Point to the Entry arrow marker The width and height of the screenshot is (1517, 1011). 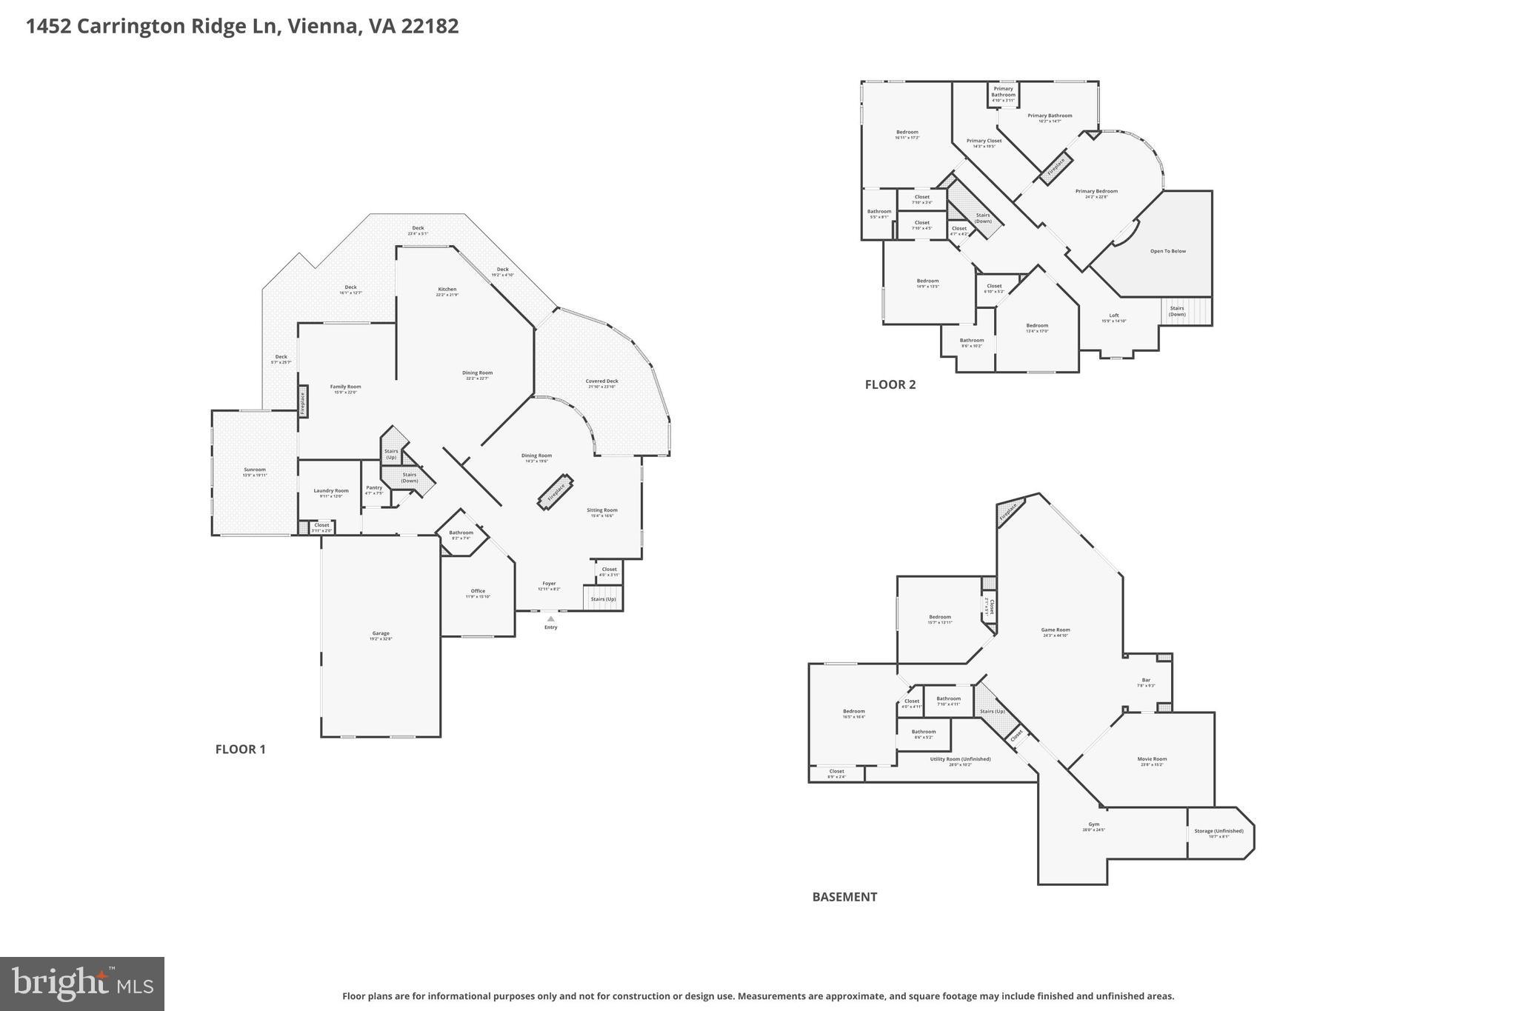coord(550,619)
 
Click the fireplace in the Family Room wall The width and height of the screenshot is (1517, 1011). coord(303,401)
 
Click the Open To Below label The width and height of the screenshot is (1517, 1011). coord(1167,251)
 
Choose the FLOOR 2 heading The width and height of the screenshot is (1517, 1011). coord(890,384)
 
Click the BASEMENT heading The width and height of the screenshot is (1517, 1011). coord(844,896)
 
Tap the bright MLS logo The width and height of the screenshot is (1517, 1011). coord(82,984)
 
